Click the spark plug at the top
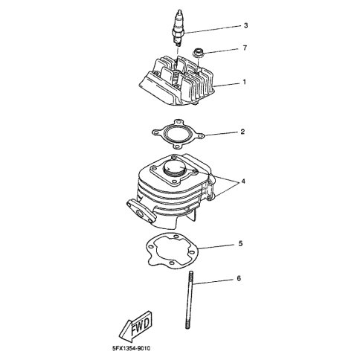click(x=179, y=28)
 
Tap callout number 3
click(x=245, y=25)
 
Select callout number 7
click(x=245, y=48)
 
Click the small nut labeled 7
click(x=199, y=53)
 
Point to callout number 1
click(x=244, y=82)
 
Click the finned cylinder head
click(x=177, y=81)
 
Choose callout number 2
click(x=242, y=132)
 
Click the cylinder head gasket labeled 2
click(x=178, y=135)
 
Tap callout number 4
click(x=243, y=181)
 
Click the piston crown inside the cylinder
click(x=175, y=167)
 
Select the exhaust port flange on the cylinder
click(x=141, y=211)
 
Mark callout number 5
click(x=240, y=243)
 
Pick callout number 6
click(x=239, y=278)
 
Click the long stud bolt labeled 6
click(x=189, y=300)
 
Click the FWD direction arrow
click(x=135, y=326)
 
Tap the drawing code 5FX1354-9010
click(x=131, y=348)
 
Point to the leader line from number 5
click(x=216, y=246)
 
